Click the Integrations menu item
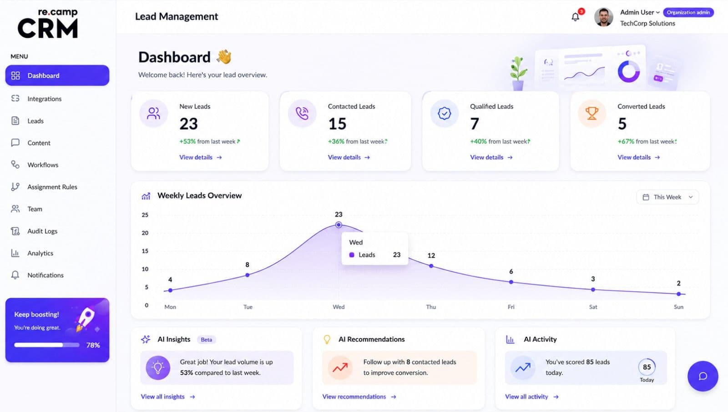tap(44, 99)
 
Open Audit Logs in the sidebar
tap(42, 231)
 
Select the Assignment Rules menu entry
tap(52, 187)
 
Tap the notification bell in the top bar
tap(576, 16)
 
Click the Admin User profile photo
tap(603, 17)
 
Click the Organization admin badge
tap(688, 12)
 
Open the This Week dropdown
tap(667, 197)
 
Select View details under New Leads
tap(201, 157)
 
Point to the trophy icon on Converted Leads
tap(591, 113)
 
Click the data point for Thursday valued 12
tap(431, 266)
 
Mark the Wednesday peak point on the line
tap(339, 225)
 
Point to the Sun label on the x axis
tap(678, 306)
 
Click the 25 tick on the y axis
tap(145, 215)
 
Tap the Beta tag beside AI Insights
tap(207, 340)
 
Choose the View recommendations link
tap(359, 397)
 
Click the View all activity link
tap(532, 397)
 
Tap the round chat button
tap(703, 376)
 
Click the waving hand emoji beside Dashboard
tap(224, 57)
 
